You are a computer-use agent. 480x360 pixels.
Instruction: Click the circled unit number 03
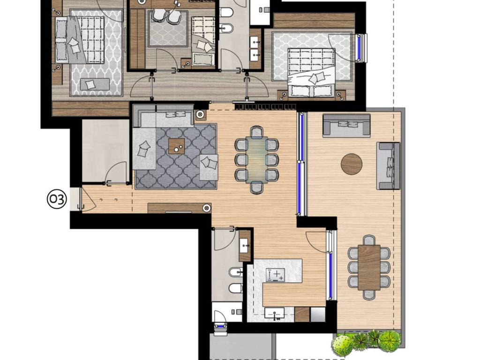point(57,199)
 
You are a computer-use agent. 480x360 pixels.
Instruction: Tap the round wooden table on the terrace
point(352,164)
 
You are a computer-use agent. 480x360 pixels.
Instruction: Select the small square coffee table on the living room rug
point(177,146)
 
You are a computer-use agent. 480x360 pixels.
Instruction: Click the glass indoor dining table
point(256,160)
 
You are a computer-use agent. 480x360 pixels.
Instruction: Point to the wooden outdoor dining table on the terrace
point(369,268)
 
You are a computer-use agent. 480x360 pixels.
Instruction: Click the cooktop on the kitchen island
point(275,275)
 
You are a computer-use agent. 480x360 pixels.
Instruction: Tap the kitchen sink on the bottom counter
point(275,314)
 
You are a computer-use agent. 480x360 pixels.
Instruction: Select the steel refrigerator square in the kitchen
point(318,315)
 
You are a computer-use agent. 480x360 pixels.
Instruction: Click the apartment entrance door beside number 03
point(81,199)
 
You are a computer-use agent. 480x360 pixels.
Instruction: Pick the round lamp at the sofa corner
point(200,115)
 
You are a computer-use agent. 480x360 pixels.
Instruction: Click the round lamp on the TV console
point(207,208)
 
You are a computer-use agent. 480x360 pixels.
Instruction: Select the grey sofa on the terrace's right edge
point(388,165)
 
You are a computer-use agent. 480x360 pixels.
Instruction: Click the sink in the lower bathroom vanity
point(244,246)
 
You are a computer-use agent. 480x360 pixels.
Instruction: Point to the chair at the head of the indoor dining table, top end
point(256,132)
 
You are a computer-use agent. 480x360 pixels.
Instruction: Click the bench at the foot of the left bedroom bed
point(95,84)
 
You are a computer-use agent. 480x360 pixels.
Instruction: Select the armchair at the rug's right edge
point(209,167)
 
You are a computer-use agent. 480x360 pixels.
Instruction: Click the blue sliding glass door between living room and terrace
point(301,164)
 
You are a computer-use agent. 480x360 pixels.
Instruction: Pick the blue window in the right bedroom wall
point(362,48)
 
